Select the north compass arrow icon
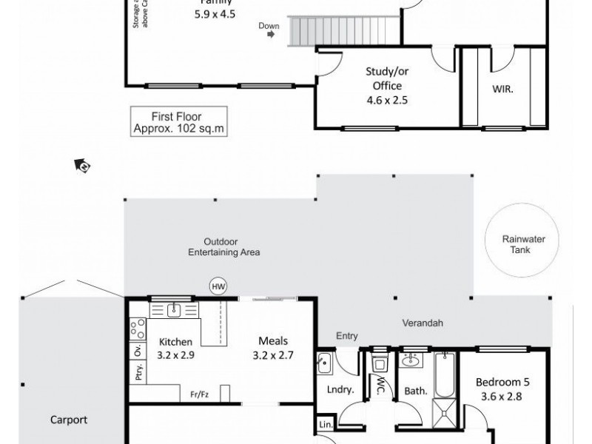click(x=82, y=166)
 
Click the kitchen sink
click(x=174, y=309)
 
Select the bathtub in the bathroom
click(x=443, y=373)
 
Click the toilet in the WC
click(x=381, y=363)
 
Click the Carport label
click(x=68, y=420)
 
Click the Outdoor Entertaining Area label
click(x=222, y=246)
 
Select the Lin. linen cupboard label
click(x=326, y=425)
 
